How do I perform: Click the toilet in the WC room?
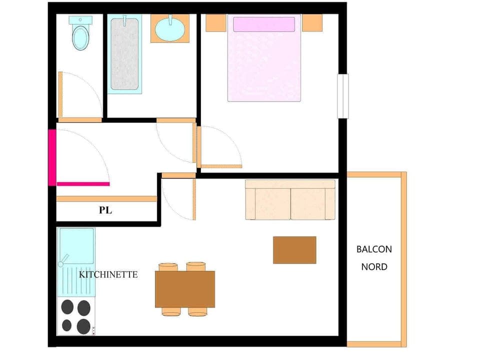(80, 37)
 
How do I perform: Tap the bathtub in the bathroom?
(124, 53)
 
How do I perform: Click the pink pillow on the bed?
(264, 24)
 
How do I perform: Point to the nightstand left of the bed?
(216, 22)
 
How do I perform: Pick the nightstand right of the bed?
(312, 22)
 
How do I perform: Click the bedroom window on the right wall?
(342, 96)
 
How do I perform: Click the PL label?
(105, 210)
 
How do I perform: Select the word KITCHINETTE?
(108, 274)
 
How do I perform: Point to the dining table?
(185, 289)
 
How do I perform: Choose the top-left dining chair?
(168, 266)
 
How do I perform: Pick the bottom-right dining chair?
(198, 312)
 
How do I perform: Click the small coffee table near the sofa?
(294, 249)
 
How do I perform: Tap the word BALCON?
(374, 249)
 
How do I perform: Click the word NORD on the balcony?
(374, 266)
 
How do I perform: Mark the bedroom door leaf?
(221, 166)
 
